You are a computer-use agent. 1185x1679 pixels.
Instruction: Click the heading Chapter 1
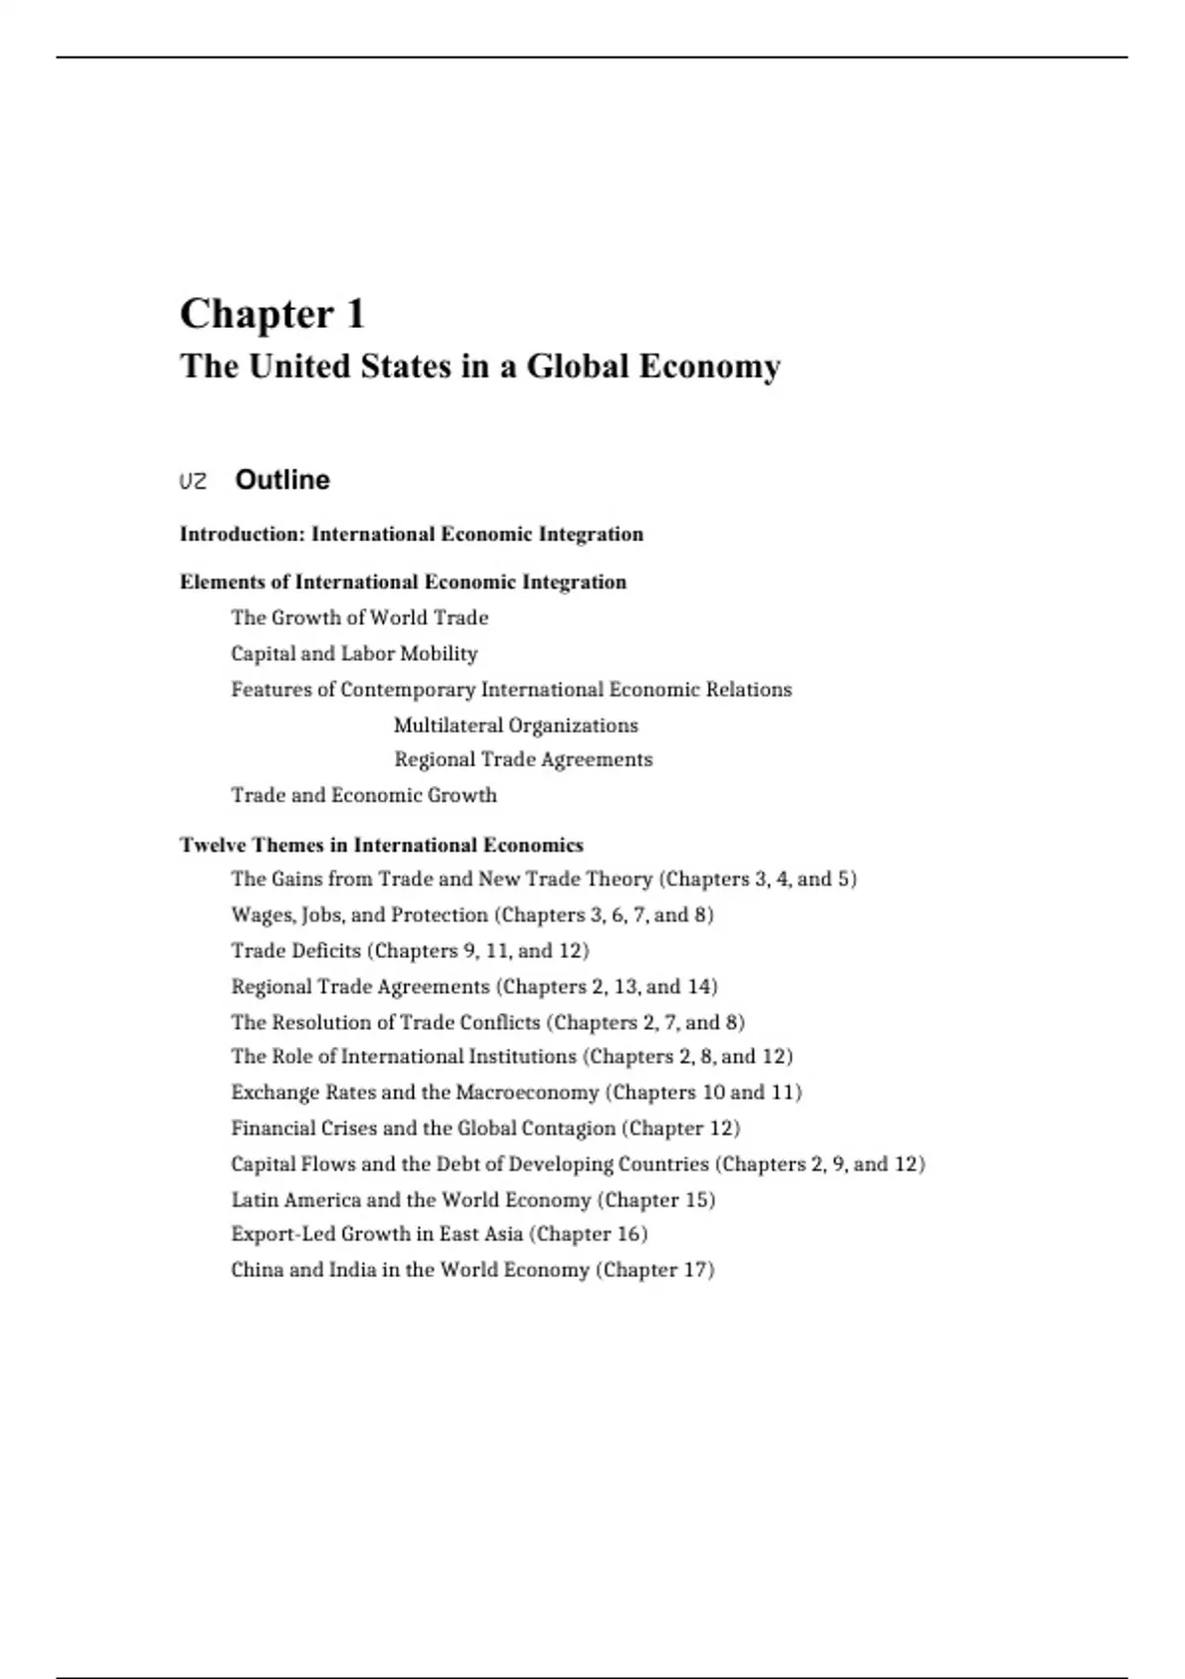(x=273, y=315)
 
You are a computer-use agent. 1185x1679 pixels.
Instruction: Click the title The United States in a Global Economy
(x=480, y=366)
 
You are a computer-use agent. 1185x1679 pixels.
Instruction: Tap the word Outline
(x=282, y=480)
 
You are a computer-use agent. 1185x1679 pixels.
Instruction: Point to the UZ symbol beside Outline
(x=194, y=482)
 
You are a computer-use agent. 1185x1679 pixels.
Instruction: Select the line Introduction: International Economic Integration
(x=411, y=534)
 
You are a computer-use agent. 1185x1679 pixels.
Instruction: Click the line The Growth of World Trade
(x=359, y=618)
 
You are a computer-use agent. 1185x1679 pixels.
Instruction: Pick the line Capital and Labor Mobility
(x=354, y=654)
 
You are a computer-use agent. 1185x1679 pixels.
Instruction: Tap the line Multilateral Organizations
(x=515, y=726)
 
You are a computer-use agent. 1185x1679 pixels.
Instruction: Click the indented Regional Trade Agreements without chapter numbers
(x=523, y=760)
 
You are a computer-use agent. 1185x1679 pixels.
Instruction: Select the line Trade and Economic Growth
(x=363, y=795)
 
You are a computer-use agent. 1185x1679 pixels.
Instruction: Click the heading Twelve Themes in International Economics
(x=381, y=845)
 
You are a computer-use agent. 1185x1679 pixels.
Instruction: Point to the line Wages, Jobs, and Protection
(x=472, y=915)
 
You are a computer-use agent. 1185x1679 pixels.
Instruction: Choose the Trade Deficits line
(x=410, y=951)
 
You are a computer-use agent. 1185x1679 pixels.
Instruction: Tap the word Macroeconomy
(x=527, y=1092)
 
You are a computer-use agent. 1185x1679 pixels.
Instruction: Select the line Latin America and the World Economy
(x=473, y=1200)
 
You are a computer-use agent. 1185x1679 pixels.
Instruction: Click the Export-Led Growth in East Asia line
(x=439, y=1235)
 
